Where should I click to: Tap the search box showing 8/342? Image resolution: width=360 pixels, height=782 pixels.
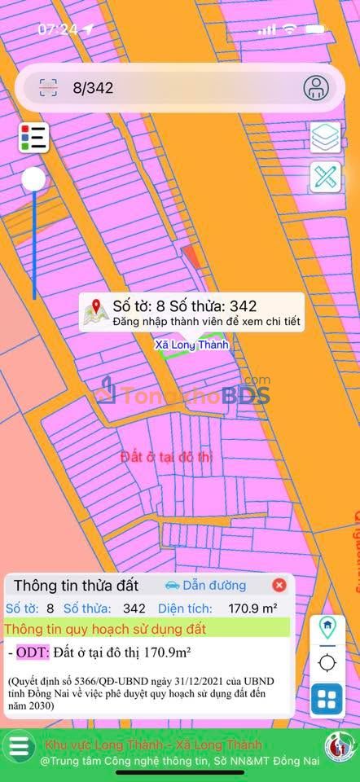pos(163,88)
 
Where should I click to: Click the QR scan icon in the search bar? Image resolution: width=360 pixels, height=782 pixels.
pos(49,88)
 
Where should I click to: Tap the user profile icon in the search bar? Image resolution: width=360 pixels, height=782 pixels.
pos(316,87)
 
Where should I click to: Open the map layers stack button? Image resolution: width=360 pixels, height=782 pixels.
pos(326,137)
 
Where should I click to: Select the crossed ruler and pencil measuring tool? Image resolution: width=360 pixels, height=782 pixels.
pos(326,178)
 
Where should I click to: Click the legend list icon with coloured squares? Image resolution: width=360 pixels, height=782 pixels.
pos(33,138)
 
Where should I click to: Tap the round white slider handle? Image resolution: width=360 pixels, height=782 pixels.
pos(33,180)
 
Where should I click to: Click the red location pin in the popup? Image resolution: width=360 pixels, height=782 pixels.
pos(97,308)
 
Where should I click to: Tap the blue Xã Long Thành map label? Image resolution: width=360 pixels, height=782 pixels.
pos(192,345)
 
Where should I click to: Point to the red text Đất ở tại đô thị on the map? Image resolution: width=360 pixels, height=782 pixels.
pos(166,456)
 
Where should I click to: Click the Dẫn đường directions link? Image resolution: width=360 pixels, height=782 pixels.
pos(205,585)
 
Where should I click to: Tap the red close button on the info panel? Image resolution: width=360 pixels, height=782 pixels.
pos(279,585)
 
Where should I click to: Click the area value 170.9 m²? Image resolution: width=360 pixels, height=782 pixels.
pos(253,608)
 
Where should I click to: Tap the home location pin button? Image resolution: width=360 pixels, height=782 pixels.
pos(327,627)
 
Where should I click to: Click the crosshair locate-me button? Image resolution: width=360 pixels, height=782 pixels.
pos(327,662)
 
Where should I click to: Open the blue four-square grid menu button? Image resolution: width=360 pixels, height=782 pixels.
pos(327,699)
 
